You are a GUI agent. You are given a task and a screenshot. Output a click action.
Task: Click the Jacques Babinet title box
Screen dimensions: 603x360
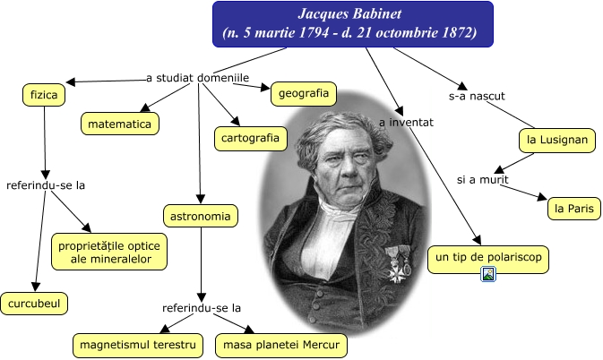[352, 23]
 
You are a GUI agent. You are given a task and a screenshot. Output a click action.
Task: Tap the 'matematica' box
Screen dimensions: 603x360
[120, 123]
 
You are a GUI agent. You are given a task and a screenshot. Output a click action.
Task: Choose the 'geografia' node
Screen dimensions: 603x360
[302, 92]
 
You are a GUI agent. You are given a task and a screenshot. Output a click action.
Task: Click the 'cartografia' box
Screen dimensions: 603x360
[252, 138]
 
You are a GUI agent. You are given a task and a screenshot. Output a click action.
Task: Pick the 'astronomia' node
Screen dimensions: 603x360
[201, 215]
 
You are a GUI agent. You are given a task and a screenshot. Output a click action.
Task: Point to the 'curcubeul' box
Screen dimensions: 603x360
[35, 303]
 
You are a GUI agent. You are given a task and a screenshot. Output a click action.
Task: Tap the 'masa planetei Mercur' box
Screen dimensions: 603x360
[280, 345]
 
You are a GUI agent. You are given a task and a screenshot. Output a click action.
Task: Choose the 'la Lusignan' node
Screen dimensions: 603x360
[556, 140]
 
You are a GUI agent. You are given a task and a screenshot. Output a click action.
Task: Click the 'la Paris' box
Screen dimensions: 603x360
[574, 209]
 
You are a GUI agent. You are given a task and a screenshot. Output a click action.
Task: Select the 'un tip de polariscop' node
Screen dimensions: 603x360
[487, 259]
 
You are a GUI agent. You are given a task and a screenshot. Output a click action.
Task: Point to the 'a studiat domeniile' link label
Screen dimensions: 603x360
[197, 78]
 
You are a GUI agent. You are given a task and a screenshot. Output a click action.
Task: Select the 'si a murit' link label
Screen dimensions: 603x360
[482, 179]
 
